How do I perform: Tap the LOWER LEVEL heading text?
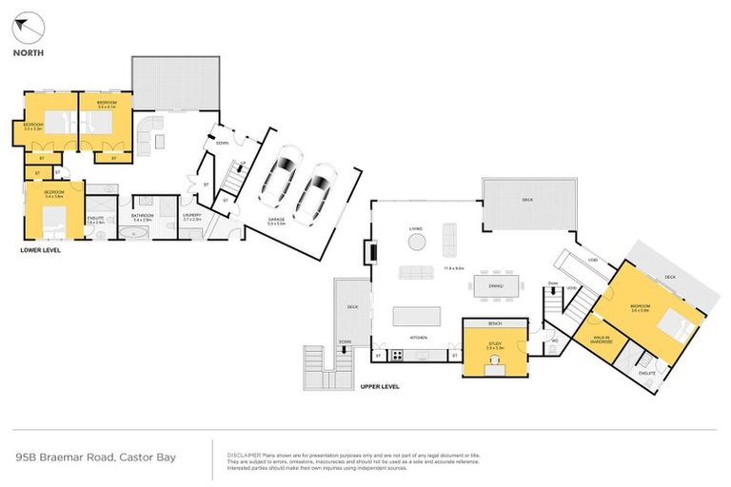click(x=42, y=250)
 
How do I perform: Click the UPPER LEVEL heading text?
click(x=382, y=386)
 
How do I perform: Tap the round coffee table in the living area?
click(x=417, y=242)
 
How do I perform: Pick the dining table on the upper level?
click(x=494, y=283)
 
